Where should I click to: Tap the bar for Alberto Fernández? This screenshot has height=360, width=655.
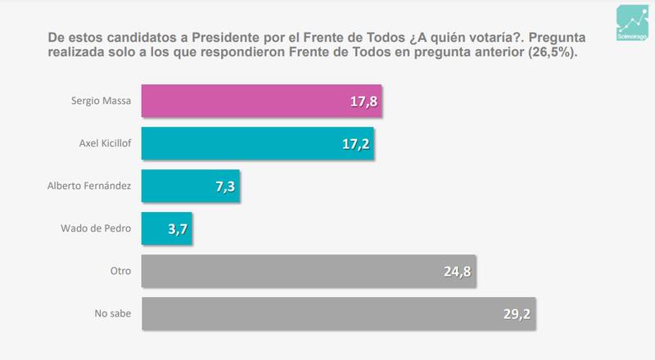[x=190, y=186]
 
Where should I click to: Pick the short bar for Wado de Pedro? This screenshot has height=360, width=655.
[x=166, y=228]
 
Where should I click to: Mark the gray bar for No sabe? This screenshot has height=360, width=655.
[x=338, y=313]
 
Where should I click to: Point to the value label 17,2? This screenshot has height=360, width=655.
[x=355, y=145]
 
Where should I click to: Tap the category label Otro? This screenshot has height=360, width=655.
[x=120, y=271]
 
